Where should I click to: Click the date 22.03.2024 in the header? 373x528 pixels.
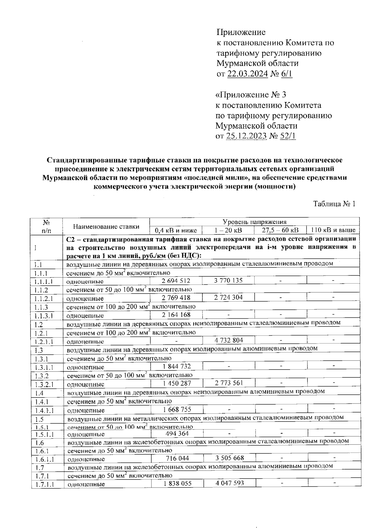tap(247, 74)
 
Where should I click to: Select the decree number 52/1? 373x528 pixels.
tap(288, 136)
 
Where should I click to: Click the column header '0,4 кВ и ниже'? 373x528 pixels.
tap(176, 230)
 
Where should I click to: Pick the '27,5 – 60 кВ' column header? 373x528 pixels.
tap(280, 230)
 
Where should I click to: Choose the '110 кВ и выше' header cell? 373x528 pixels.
tap(333, 230)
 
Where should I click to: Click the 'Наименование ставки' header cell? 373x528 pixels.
tap(106, 226)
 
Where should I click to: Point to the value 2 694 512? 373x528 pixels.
tap(176, 281)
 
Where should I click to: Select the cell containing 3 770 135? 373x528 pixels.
tap(228, 280)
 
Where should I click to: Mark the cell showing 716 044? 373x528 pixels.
tap(177, 458)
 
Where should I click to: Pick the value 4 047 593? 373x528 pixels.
tap(230, 483)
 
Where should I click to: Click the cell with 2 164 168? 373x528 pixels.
tap(176, 315)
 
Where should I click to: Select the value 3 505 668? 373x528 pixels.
tap(230, 458)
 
